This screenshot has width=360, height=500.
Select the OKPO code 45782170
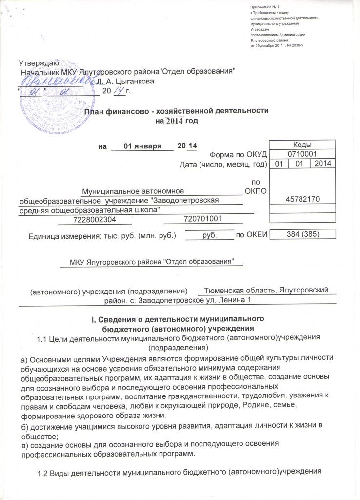[x=302, y=199]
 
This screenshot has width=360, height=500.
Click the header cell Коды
[x=302, y=145]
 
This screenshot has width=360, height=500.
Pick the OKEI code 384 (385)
[x=302, y=234]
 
